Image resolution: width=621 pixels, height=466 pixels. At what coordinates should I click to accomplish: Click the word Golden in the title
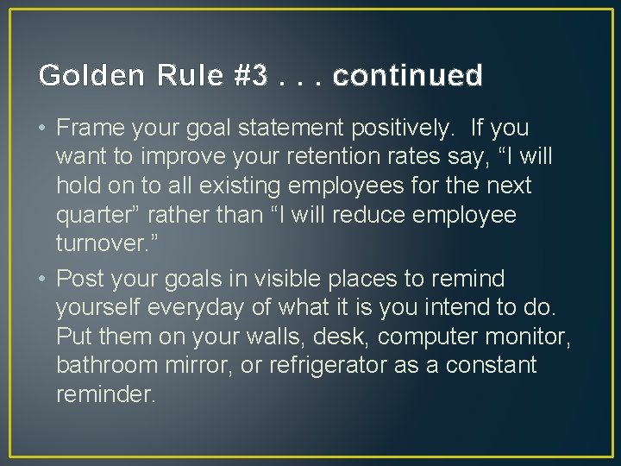tap(79, 76)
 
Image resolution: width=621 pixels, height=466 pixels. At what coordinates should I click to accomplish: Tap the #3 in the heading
tap(250, 76)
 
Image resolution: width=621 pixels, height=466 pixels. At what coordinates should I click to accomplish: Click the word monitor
tap(534, 337)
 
